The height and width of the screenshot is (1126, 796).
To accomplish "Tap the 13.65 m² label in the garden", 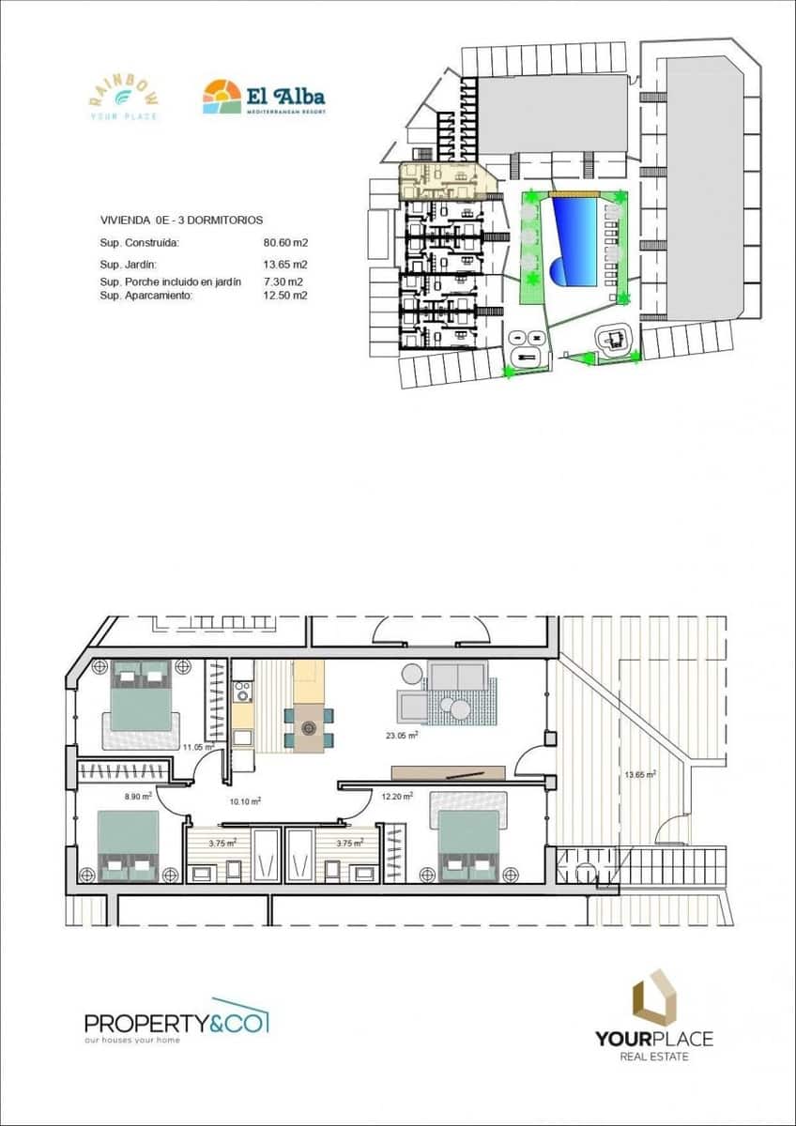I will coord(640,775).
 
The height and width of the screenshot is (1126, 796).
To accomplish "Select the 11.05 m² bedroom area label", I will coord(198,747).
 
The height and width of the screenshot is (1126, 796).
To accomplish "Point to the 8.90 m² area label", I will coord(138,796).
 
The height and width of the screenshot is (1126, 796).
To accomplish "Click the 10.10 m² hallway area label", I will coord(245,801).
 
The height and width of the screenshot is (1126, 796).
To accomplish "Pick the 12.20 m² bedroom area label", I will coord(395,797).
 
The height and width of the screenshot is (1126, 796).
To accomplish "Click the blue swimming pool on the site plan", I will coord(575,243).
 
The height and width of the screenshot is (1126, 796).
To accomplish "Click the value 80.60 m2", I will coord(286,242).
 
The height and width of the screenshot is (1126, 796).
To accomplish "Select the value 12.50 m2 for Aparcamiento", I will coord(286,295).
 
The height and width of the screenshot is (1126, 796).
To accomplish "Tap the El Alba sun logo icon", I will coord(222,97).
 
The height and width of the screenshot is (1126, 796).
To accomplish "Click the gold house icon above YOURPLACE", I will coord(653,997).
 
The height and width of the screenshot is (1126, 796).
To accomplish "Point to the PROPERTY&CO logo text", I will coord(176,1022).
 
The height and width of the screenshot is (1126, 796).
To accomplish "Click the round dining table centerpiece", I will coord(308,727).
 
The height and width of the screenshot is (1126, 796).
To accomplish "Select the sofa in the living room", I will coord(457,676).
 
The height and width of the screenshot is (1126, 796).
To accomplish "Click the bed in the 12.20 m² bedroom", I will coord(468,845).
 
